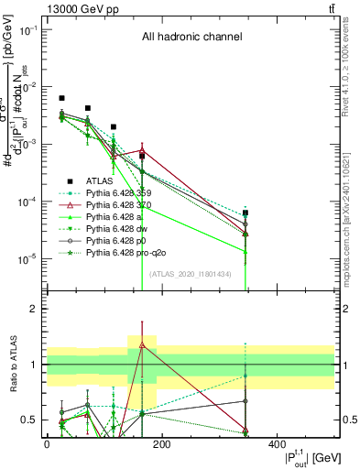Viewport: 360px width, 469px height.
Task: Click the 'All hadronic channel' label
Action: pos(191,38)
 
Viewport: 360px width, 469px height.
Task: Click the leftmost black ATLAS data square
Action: pos(61,98)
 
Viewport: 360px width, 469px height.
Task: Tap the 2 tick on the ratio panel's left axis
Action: pos(38,309)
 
